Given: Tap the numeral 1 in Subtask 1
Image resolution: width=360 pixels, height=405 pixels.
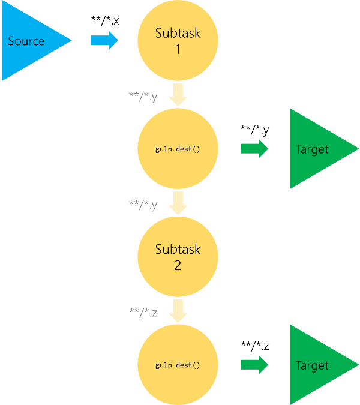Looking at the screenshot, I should click(x=178, y=49).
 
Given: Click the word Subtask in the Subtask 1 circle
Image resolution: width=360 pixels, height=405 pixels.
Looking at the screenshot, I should click(x=178, y=33).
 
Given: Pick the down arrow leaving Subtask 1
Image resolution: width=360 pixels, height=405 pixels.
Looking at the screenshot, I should click(x=178, y=95).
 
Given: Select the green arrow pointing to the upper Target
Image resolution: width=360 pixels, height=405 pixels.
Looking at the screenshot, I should click(x=254, y=149).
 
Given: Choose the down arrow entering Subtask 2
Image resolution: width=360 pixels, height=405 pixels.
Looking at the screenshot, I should click(x=178, y=203).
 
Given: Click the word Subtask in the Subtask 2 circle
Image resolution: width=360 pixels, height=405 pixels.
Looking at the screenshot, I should click(x=178, y=249).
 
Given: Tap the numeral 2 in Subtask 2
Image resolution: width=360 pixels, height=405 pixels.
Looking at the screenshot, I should click(x=178, y=265).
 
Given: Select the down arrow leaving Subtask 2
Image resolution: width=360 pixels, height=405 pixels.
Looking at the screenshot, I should click(x=178, y=311).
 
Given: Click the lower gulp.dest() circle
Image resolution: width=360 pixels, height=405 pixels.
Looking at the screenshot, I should click(x=178, y=365).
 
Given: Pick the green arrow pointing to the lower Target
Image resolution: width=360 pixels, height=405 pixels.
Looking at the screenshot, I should click(x=254, y=365).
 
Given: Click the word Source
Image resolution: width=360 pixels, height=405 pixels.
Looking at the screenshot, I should click(x=26, y=41).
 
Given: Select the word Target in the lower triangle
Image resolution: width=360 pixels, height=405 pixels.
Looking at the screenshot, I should click(x=312, y=365).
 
